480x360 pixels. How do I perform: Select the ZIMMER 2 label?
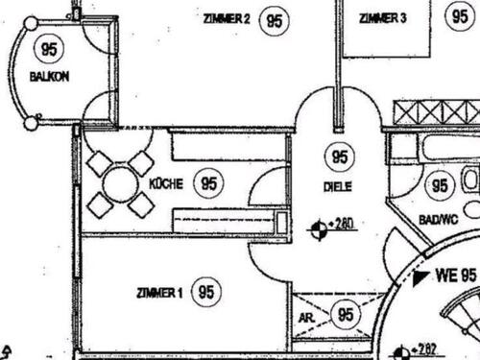coord(228,19)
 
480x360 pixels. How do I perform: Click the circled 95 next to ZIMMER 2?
coord(276,19)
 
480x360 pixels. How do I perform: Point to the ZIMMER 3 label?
coord(383,18)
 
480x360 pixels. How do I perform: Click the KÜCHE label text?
coord(166,182)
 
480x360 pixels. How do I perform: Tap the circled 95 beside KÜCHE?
coord(207,182)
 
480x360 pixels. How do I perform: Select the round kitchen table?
coord(121,182)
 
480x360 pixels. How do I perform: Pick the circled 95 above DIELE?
coord(339,157)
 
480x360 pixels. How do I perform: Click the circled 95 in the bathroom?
coord(440,186)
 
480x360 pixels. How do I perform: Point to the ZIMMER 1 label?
coord(158,293)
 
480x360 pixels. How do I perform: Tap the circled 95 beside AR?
coord(346,313)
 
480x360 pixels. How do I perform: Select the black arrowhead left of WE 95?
coord(420,280)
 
